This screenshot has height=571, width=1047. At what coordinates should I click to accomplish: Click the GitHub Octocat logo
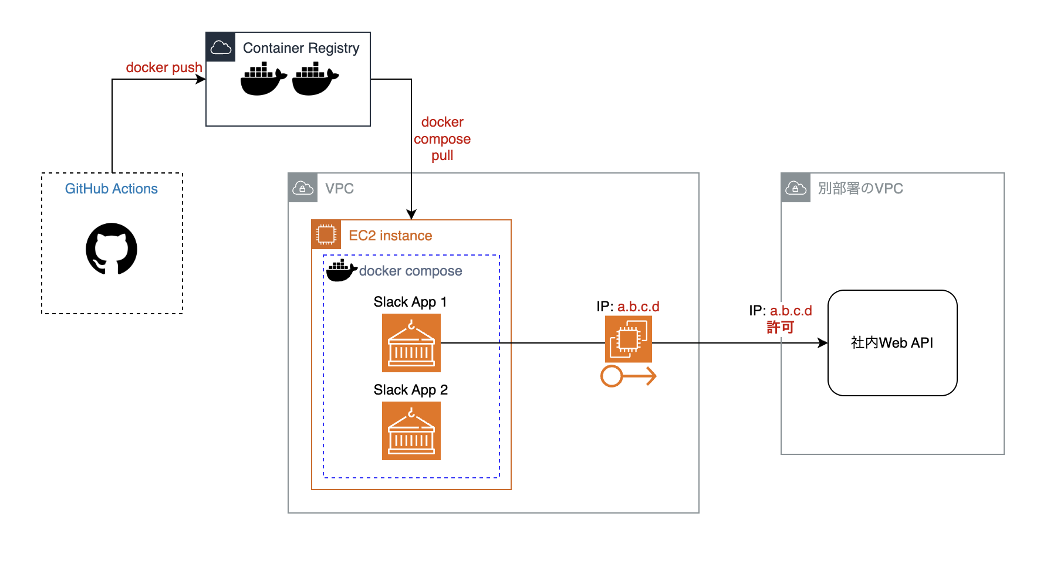tap(112, 249)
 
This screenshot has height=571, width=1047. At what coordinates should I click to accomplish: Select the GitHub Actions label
tap(111, 189)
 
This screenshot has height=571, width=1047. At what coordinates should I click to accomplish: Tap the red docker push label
tap(164, 67)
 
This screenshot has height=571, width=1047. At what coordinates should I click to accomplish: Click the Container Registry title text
tap(301, 48)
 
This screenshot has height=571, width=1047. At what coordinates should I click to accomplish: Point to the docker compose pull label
tap(442, 139)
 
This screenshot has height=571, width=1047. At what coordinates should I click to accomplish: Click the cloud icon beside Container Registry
tap(221, 47)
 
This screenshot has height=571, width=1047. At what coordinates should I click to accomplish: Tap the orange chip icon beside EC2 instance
tap(326, 234)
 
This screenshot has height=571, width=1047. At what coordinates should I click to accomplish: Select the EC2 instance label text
tap(390, 236)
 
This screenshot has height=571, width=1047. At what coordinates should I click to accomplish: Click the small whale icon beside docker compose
tap(341, 271)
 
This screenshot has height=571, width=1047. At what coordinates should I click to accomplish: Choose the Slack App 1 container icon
tap(411, 343)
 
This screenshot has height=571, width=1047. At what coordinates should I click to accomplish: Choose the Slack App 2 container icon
tap(411, 431)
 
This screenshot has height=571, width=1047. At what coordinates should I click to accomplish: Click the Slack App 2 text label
tap(410, 390)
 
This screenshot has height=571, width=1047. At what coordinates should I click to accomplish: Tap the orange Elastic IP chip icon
tap(628, 339)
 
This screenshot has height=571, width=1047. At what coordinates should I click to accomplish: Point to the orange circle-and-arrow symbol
tap(628, 376)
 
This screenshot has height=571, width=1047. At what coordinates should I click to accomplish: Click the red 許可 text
tap(780, 327)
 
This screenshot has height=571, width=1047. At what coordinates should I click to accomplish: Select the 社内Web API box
tap(892, 343)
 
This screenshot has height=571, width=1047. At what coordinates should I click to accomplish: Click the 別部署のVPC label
tap(860, 189)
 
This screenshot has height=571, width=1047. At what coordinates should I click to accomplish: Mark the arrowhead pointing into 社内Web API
tap(823, 343)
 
